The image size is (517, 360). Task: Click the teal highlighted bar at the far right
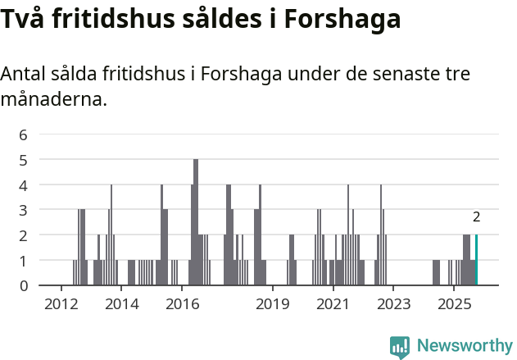coord(476,260)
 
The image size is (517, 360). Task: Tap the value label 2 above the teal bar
coord(476,217)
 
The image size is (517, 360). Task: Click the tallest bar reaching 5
coord(196,221)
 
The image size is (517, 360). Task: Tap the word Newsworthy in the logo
coord(465,345)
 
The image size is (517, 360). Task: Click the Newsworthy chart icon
coord(400,347)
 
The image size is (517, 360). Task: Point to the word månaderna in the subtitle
coord(53,101)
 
